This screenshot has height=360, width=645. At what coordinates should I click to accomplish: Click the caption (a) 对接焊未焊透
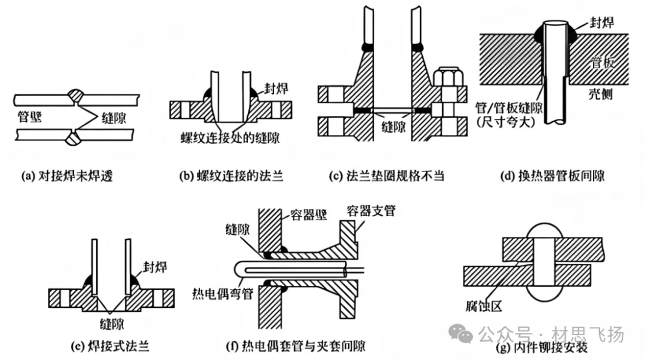[70, 176]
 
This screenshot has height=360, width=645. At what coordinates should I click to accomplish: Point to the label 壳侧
[599, 94]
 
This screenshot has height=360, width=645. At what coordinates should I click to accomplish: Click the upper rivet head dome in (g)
[542, 230]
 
